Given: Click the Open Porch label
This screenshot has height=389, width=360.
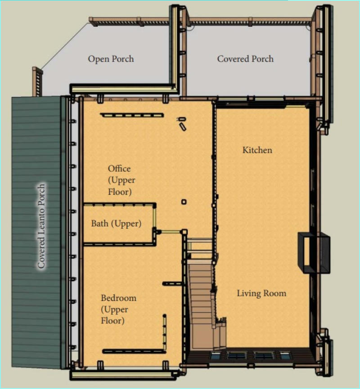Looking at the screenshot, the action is [111, 59].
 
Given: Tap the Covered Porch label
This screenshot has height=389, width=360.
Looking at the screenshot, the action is [245, 59].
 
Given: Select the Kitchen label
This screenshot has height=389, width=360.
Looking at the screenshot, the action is [257, 150].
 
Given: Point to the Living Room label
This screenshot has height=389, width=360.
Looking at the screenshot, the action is [261, 293].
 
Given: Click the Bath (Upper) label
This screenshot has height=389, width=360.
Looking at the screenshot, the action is [116, 224].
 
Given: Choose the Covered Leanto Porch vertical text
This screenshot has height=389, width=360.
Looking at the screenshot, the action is [41, 226].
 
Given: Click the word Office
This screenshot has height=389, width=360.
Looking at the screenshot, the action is [119, 169].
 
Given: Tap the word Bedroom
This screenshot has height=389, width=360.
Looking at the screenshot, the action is [118, 298].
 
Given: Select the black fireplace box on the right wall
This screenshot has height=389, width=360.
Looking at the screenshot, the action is [314, 253].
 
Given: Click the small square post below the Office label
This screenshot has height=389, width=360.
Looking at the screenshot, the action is [184, 202].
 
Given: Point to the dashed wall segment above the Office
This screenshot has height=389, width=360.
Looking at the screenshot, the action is [132, 115].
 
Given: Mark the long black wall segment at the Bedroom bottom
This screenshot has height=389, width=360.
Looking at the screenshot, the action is [134, 351].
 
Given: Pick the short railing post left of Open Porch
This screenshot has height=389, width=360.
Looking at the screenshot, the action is [37, 81].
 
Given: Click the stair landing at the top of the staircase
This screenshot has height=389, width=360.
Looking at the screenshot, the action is [200, 249].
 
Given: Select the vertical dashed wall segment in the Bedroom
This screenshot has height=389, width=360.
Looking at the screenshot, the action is [164, 332].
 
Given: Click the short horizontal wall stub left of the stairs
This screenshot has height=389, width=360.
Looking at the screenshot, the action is [172, 283].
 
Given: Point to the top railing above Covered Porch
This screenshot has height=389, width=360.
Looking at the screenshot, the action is [249, 22].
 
